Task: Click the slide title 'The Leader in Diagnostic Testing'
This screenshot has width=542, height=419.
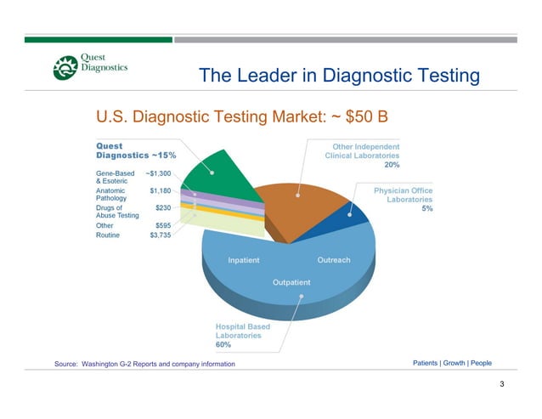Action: (x=339, y=76)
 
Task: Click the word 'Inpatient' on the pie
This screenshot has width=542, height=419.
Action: (x=244, y=259)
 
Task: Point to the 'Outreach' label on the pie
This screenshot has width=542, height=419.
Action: (x=333, y=259)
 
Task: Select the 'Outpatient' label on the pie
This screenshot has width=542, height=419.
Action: (x=291, y=281)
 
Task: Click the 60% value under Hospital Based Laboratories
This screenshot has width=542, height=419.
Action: (x=224, y=345)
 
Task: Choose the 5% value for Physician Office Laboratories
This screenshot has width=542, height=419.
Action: (x=426, y=209)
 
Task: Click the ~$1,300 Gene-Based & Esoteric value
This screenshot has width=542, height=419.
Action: (x=159, y=173)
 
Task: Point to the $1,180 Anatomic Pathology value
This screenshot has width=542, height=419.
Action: (x=161, y=191)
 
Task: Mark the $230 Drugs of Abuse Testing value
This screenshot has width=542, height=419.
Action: (x=164, y=207)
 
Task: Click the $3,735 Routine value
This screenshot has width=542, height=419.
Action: (x=161, y=235)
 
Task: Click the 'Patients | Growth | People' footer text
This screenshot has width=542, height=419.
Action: (x=452, y=363)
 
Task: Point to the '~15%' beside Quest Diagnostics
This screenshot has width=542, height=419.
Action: (x=164, y=156)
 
